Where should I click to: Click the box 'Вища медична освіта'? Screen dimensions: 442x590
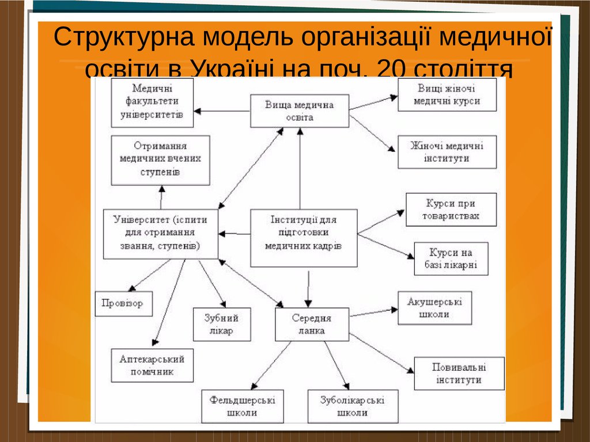click(300, 111)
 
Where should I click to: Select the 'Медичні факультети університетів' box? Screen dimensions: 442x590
click(152, 102)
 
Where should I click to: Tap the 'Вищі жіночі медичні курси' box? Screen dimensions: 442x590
click(447, 95)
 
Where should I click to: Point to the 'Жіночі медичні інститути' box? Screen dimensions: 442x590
click(447, 152)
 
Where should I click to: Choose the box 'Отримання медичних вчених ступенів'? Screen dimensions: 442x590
click(160, 160)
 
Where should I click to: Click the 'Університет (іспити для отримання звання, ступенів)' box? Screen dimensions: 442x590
click(161, 233)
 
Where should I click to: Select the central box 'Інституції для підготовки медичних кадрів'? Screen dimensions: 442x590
click(304, 237)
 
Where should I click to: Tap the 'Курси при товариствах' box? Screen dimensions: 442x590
click(451, 210)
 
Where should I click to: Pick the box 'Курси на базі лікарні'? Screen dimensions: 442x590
click(451, 259)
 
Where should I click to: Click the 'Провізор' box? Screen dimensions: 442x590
click(123, 303)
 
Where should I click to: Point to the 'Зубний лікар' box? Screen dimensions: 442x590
click(221, 325)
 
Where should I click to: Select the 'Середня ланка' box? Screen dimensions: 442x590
click(312, 325)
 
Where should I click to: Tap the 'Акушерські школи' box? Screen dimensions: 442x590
click(434, 308)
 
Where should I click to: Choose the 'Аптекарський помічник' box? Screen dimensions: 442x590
click(152, 365)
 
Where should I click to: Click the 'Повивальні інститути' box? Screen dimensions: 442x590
click(459, 374)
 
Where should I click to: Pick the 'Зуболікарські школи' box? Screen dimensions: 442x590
click(353, 406)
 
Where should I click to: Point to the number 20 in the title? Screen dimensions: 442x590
click(390, 69)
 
